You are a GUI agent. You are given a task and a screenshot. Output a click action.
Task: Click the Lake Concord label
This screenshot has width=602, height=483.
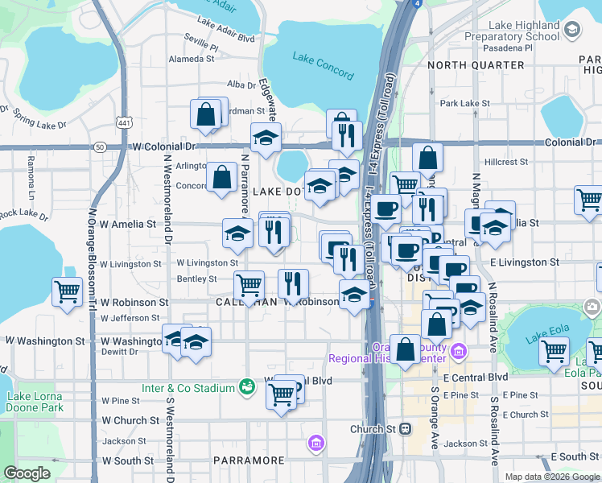pyautogui.click(x=323, y=65)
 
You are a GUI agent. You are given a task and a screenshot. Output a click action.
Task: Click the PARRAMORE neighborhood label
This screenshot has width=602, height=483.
pyautogui.click(x=249, y=460)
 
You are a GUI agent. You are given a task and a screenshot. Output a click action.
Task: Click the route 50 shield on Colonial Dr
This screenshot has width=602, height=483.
pyautogui.click(x=99, y=147)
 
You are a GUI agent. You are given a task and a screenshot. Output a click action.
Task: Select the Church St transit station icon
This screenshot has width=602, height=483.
pyautogui.click(x=406, y=429)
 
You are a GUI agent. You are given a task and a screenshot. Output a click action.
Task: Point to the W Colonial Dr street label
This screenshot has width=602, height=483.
pyautogui.click(x=164, y=147)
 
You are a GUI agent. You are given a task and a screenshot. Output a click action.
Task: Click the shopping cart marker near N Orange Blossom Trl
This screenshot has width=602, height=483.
pyautogui.click(x=66, y=292)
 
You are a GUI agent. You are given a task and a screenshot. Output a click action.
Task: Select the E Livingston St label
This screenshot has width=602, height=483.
pyautogui.click(x=523, y=262)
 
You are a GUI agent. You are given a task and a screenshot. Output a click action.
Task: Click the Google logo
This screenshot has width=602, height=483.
pyautogui.click(x=26, y=473)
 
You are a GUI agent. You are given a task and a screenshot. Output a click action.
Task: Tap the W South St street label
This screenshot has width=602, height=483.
pyautogui.click(x=126, y=461)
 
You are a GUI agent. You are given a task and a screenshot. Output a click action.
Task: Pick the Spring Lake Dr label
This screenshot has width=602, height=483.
pyautogui.click(x=39, y=122)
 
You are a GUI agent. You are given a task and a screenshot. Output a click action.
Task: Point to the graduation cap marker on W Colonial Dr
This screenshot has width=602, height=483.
pyautogui.click(x=266, y=138)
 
